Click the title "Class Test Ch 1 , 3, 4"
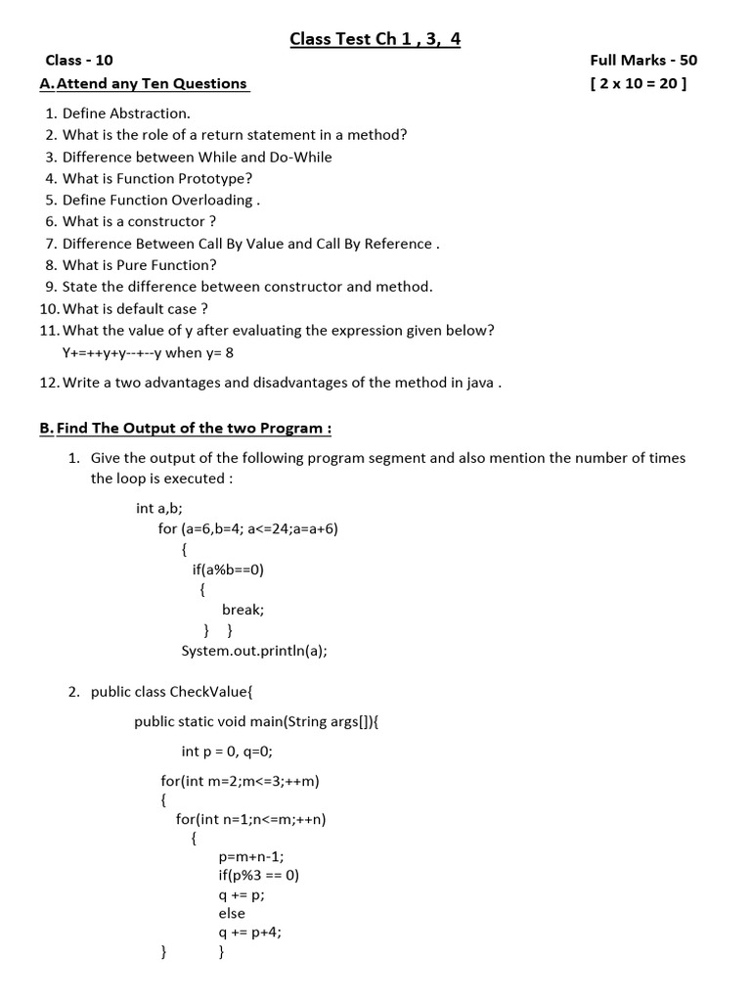375,39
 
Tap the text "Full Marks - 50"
643,61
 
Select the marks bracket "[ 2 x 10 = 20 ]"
639,84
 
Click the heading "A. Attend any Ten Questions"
144,84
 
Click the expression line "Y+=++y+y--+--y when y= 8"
149,352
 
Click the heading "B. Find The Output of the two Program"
185,429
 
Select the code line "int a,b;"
159,508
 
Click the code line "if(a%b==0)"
229,569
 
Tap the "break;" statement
243,610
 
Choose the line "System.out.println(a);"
254,651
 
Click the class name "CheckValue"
209,693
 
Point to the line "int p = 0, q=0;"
227,751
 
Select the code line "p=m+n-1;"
251,856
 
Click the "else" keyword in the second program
232,914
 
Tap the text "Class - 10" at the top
79,61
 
